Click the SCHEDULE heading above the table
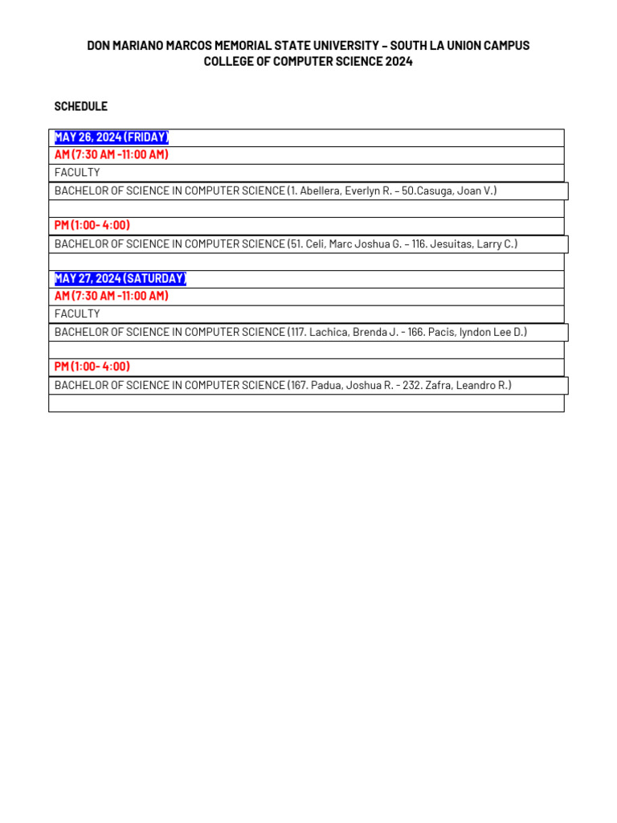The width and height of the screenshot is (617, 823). [x=80, y=106]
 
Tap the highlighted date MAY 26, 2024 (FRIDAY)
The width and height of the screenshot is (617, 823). [x=111, y=137]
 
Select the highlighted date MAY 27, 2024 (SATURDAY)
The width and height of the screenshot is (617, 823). [x=120, y=279]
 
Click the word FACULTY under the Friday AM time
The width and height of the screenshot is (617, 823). [x=77, y=173]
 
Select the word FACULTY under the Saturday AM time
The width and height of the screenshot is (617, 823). [x=77, y=314]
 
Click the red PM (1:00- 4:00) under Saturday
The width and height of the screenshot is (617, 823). [x=92, y=367]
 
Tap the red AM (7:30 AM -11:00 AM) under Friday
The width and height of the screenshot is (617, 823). [x=111, y=155]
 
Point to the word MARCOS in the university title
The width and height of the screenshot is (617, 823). [x=182, y=46]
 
